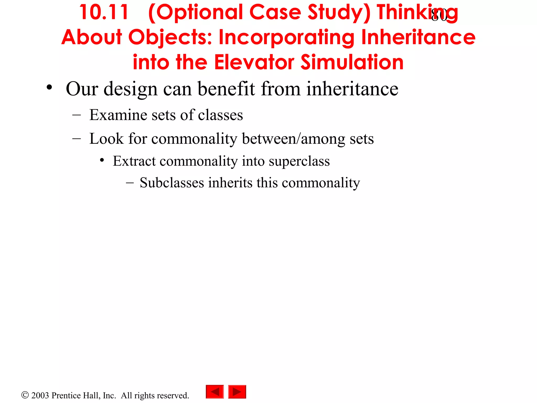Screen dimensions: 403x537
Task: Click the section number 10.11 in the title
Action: point(104,12)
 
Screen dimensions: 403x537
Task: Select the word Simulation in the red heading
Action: point(352,62)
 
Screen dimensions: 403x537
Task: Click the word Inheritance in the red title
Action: point(418,37)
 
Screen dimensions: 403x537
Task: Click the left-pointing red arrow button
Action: point(215,392)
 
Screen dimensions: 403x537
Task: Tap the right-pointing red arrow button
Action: point(237,392)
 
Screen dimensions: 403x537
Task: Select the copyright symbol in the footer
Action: point(25,395)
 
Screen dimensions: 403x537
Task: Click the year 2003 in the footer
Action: point(40,395)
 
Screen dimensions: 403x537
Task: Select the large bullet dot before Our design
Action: point(49,87)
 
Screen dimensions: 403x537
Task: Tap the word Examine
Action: point(118,115)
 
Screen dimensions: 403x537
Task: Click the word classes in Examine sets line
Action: point(220,115)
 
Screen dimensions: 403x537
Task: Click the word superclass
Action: point(299,161)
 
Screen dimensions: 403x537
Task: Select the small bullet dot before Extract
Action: point(102,160)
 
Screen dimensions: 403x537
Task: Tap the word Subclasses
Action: point(172,183)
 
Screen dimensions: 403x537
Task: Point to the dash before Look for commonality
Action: point(76,138)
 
